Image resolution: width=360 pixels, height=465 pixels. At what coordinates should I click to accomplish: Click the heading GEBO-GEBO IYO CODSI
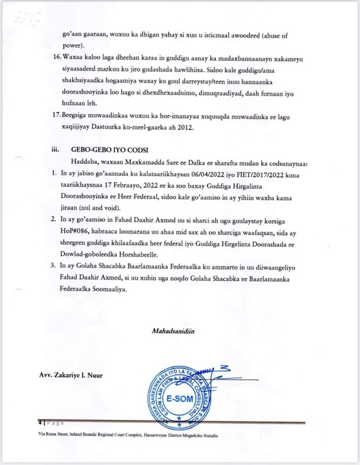(x=111, y=148)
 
